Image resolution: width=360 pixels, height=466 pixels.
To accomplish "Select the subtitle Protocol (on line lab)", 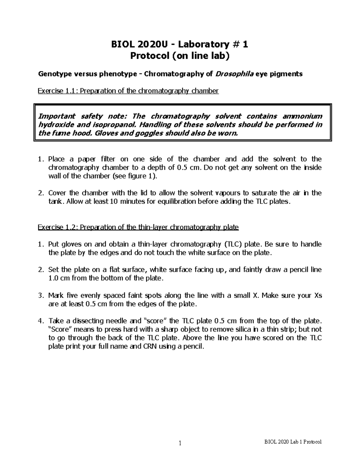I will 180,56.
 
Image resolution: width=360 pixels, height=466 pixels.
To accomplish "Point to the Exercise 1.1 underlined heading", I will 128,91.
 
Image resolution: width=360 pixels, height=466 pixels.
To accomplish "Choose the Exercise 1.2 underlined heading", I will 138,227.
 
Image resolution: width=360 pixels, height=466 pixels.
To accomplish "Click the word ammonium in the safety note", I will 303,116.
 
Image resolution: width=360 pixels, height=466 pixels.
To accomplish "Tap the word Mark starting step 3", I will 56,295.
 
